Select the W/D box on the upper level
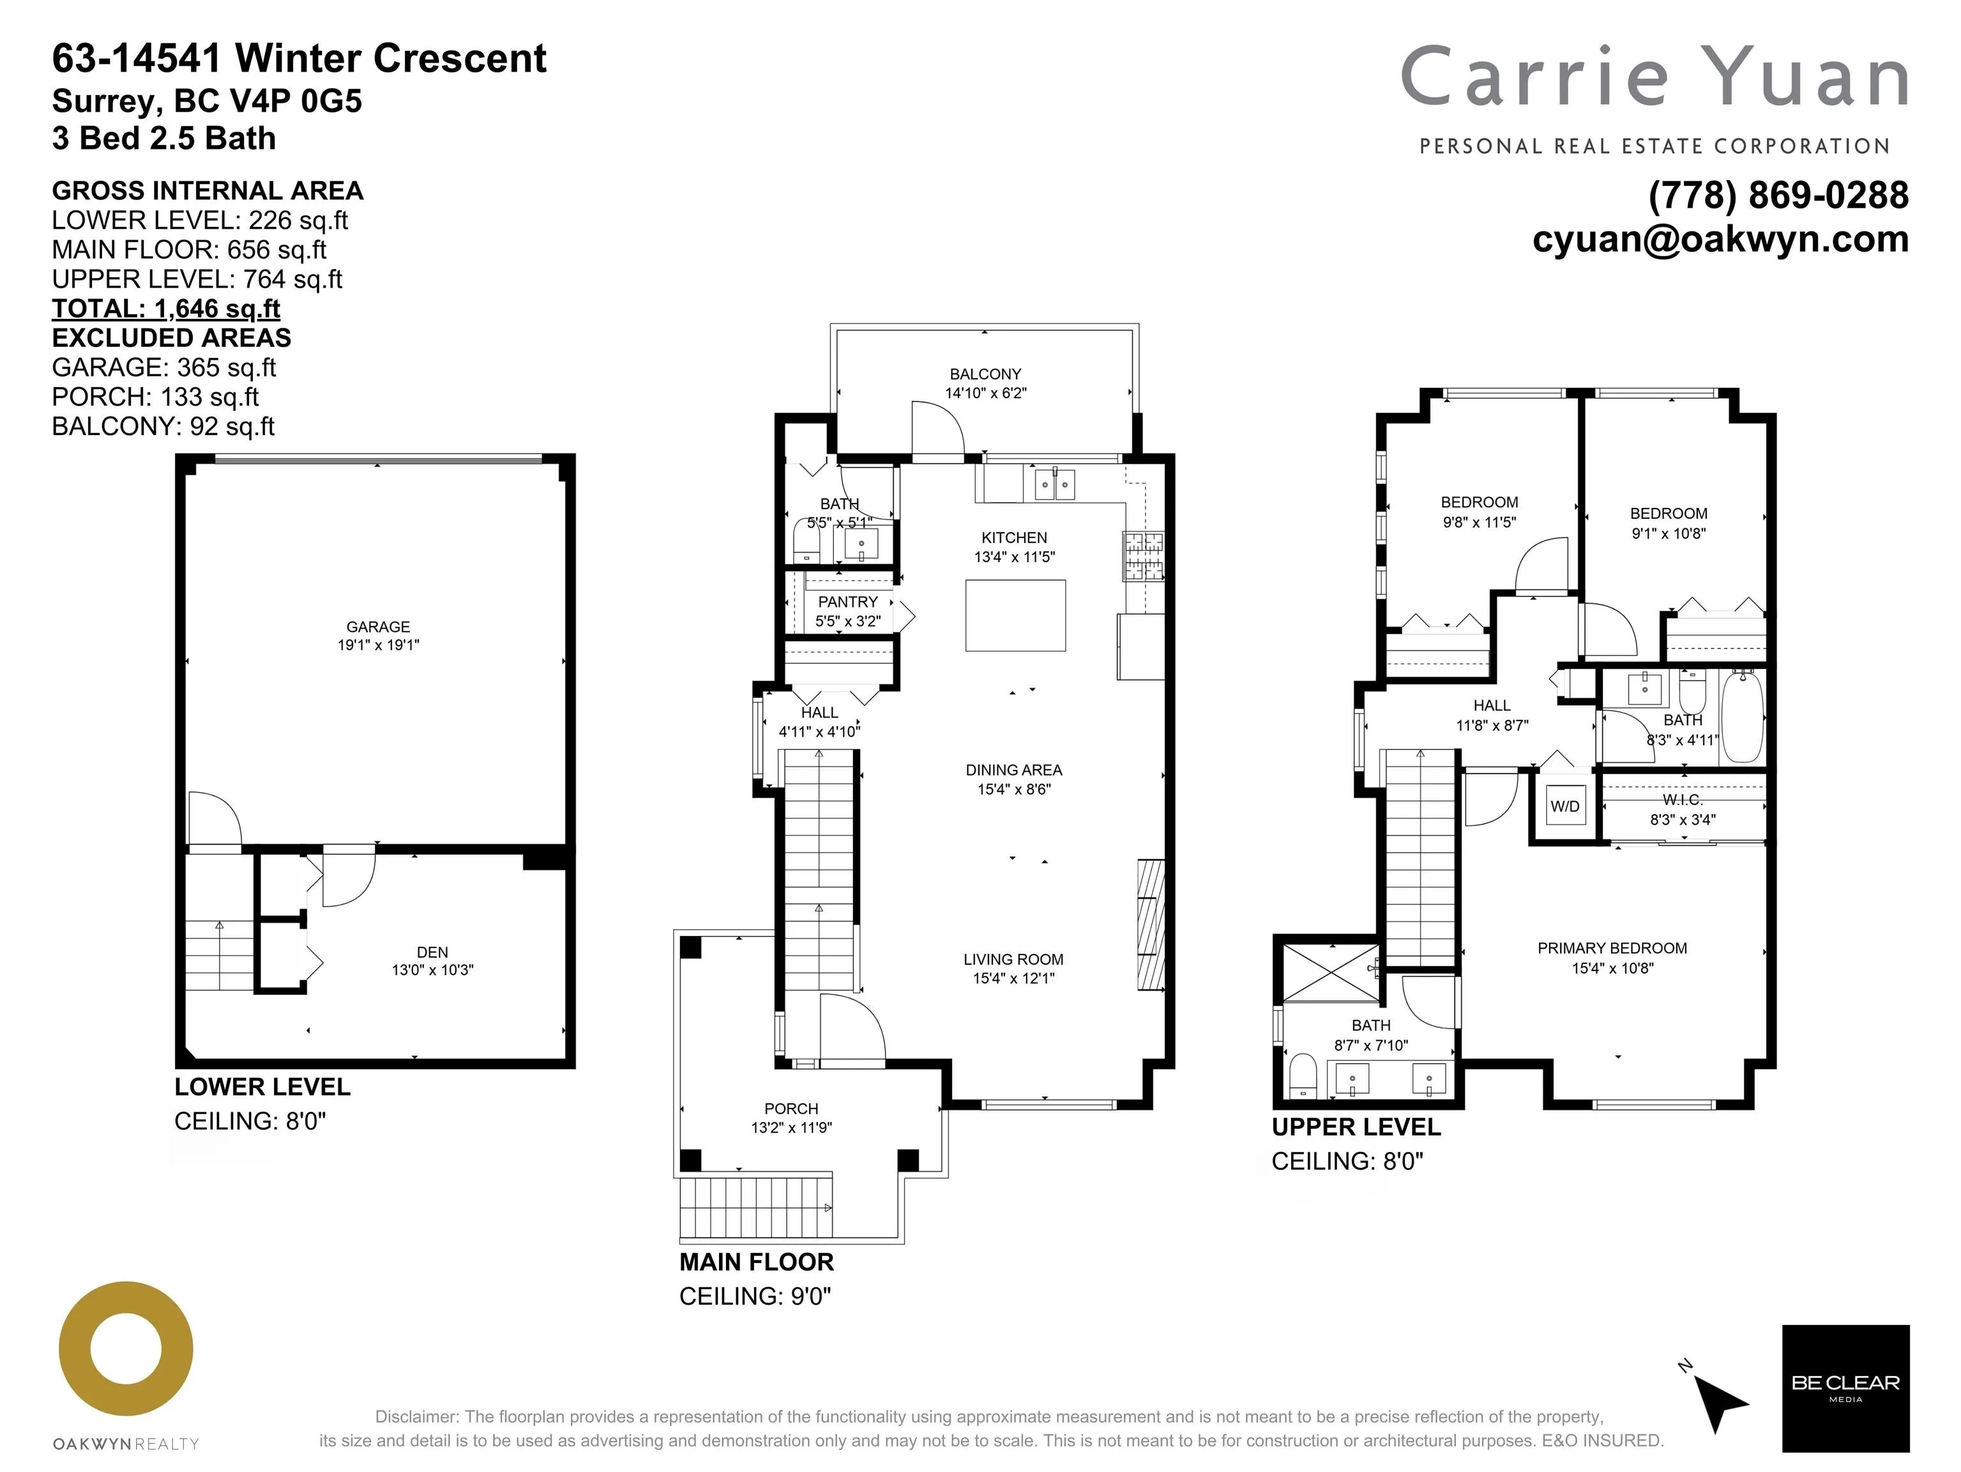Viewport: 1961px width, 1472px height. pyautogui.click(x=1564, y=806)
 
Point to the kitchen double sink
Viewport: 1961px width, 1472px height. pyautogui.click(x=1054, y=484)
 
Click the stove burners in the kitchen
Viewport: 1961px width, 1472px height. pyautogui.click(x=1143, y=556)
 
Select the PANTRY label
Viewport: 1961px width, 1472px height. pyautogui.click(x=847, y=602)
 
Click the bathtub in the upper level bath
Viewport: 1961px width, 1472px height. pyautogui.click(x=1742, y=716)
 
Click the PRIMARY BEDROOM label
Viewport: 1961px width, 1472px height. pyautogui.click(x=1612, y=948)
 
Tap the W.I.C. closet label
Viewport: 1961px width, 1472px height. pyautogui.click(x=1682, y=800)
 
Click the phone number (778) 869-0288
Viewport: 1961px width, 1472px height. pyautogui.click(x=1778, y=195)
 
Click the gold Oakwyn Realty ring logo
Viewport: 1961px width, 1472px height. pyautogui.click(x=126, y=1349)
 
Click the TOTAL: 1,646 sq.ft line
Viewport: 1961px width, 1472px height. pyautogui.click(x=166, y=309)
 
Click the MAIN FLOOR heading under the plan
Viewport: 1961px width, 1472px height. pyautogui.click(x=756, y=1262)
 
